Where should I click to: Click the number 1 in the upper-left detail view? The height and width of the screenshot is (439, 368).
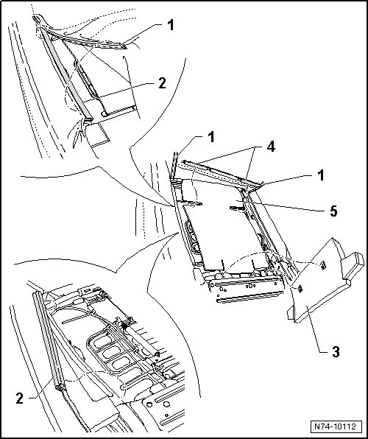171,24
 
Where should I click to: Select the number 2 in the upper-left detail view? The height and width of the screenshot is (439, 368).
163,83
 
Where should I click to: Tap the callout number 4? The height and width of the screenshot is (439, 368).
271,147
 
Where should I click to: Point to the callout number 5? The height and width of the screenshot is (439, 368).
333,211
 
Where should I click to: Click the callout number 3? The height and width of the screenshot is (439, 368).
336,351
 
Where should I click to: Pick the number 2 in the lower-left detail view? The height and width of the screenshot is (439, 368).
20,398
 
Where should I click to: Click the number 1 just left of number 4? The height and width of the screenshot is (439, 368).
211,137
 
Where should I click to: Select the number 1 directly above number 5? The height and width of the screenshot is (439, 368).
321,175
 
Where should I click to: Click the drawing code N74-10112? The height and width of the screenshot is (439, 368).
336,426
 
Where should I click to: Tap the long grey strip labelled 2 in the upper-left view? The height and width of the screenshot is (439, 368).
66,74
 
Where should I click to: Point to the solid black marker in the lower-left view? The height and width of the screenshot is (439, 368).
124,326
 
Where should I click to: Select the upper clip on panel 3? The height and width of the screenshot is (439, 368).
323,265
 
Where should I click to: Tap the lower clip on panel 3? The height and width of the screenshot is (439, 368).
300,289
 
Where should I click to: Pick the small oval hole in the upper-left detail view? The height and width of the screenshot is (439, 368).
105,114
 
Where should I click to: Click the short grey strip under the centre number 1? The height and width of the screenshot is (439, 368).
174,166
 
